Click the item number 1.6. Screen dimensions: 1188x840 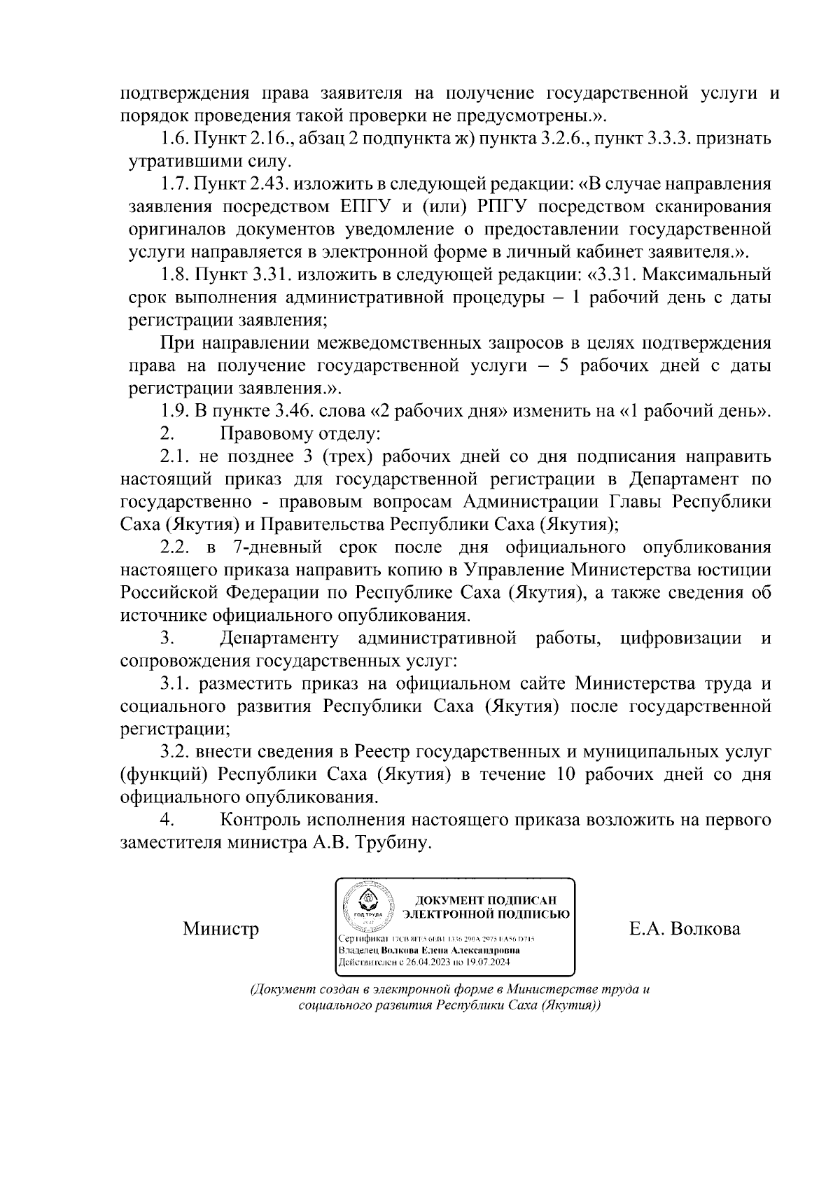tap(174, 139)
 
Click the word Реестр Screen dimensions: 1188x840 tap(383, 752)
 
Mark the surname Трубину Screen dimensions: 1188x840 tap(394, 843)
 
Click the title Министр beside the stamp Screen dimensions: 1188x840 tap(220, 929)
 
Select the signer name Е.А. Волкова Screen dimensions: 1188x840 tap(685, 929)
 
